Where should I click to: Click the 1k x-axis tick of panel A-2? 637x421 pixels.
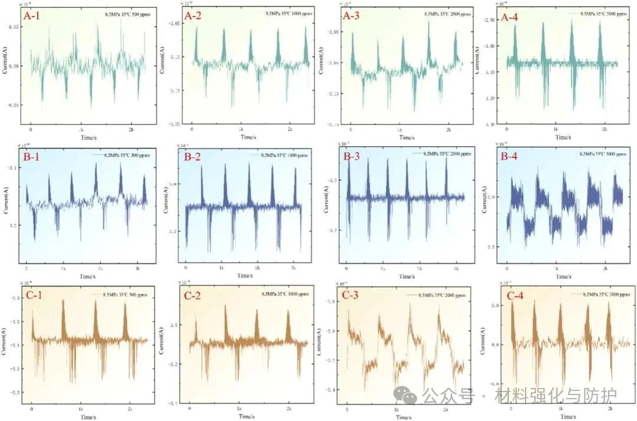[x=241, y=129]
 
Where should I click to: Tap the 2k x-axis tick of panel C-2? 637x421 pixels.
[x=288, y=408]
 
